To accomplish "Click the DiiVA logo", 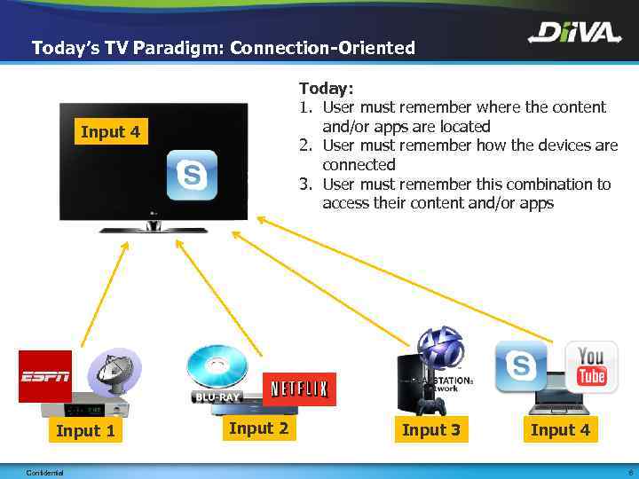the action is [x=574, y=35].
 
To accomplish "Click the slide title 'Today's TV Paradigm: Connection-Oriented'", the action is [x=223, y=48].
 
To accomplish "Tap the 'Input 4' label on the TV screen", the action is [x=110, y=132].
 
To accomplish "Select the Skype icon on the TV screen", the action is [x=189, y=175].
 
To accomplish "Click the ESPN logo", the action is [x=44, y=377].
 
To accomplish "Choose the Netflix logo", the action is [x=299, y=389].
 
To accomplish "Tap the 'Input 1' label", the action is [x=85, y=431].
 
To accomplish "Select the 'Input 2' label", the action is [x=258, y=428].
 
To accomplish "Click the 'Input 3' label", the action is [x=431, y=430].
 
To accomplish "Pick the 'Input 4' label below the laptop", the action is [x=560, y=430].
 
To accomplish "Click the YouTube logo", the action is [x=590, y=366].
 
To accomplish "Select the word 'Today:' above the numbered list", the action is [x=327, y=88].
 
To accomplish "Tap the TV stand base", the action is [x=153, y=228].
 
